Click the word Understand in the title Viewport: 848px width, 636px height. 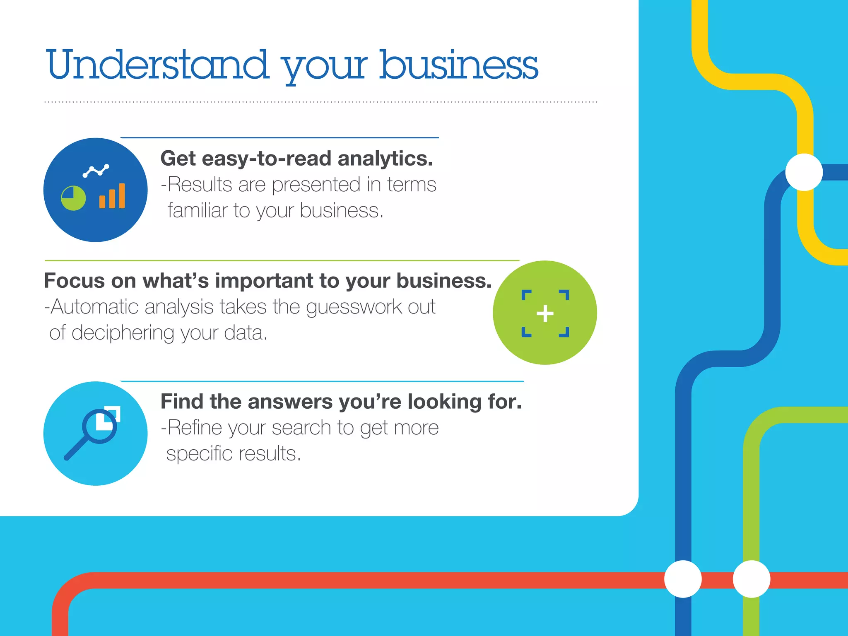(x=157, y=65)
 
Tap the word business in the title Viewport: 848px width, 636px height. (x=459, y=65)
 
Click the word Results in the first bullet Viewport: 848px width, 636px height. (x=200, y=185)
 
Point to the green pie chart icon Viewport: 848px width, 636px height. (x=73, y=198)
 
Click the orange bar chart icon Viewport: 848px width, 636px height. (x=112, y=196)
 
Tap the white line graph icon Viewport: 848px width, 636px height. (x=96, y=170)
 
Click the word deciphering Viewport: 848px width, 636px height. (x=123, y=333)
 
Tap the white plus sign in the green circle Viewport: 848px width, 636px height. (x=545, y=313)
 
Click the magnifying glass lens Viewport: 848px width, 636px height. (x=100, y=426)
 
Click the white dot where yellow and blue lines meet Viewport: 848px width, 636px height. (x=804, y=172)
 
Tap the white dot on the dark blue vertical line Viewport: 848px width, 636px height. (x=683, y=579)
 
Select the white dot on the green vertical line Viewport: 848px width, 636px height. (x=751, y=579)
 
